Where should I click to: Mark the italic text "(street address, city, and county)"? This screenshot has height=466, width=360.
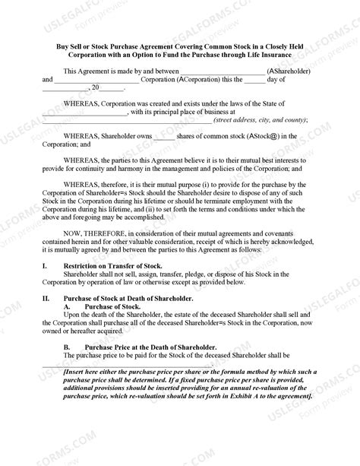[x=260, y=119]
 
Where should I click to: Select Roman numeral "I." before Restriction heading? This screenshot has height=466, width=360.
[x=45, y=265]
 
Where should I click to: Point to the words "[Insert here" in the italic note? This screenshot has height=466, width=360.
[x=84, y=372]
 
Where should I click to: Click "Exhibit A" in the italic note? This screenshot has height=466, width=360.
[x=233, y=395]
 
